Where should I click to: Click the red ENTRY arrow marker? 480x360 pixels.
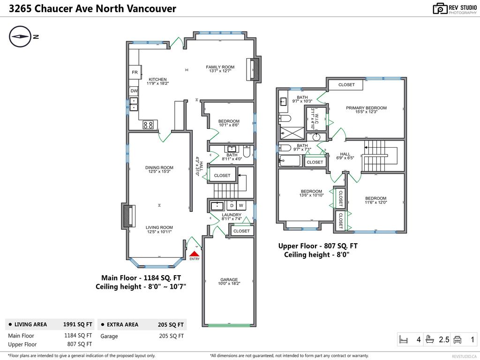pyautogui.click(x=195, y=254)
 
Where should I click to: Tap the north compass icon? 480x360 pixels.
pyautogui.click(x=20, y=37)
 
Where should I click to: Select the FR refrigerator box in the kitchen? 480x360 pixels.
pyautogui.click(x=135, y=73)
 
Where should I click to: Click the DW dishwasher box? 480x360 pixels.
pyautogui.click(x=135, y=91)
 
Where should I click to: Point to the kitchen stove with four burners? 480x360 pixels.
pyautogui.click(x=149, y=125)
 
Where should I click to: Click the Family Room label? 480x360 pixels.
pyautogui.click(x=220, y=67)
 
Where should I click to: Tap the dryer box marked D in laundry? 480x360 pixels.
pyautogui.click(x=231, y=206)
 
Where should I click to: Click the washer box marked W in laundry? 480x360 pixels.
pyautogui.click(x=241, y=206)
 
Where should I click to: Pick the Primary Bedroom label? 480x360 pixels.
pyautogui.click(x=366, y=108)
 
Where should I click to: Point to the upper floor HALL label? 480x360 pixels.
pyautogui.click(x=345, y=154)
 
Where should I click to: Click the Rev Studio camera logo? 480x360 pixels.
pyautogui.click(x=440, y=8)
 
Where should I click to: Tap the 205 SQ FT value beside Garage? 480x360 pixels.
pyautogui.click(x=172, y=336)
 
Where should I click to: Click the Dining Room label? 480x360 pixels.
pyautogui.click(x=159, y=168)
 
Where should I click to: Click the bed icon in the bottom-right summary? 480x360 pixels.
pyautogui.click(x=403, y=339)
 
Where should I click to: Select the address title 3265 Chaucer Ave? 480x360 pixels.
pyautogui.click(x=89, y=8)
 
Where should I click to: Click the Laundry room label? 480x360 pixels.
pyautogui.click(x=231, y=215)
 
